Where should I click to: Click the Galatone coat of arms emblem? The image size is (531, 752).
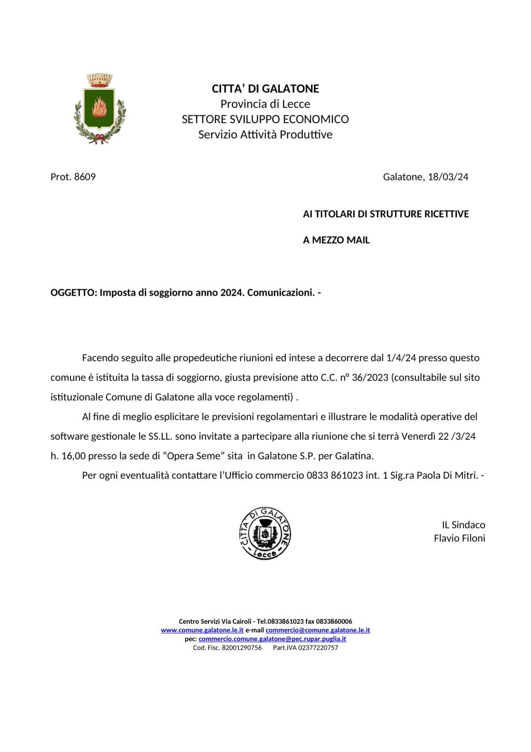point(100,109)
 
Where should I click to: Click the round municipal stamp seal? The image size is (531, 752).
point(265,533)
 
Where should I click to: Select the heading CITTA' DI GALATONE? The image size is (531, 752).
point(265,89)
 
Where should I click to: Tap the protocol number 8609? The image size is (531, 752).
point(85,177)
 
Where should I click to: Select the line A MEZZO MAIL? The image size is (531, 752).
point(336,240)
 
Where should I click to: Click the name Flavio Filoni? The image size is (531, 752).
point(459,539)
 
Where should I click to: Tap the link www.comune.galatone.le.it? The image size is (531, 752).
point(202,630)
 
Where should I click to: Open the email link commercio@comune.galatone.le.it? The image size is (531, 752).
point(317,630)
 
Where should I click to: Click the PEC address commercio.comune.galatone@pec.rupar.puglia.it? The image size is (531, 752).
point(272,639)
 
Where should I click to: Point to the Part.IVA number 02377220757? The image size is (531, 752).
point(318,648)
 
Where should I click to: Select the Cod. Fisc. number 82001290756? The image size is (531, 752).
point(242,648)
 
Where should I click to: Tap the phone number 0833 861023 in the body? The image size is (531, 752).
point(334,476)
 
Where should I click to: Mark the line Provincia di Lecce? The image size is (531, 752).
point(265,104)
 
